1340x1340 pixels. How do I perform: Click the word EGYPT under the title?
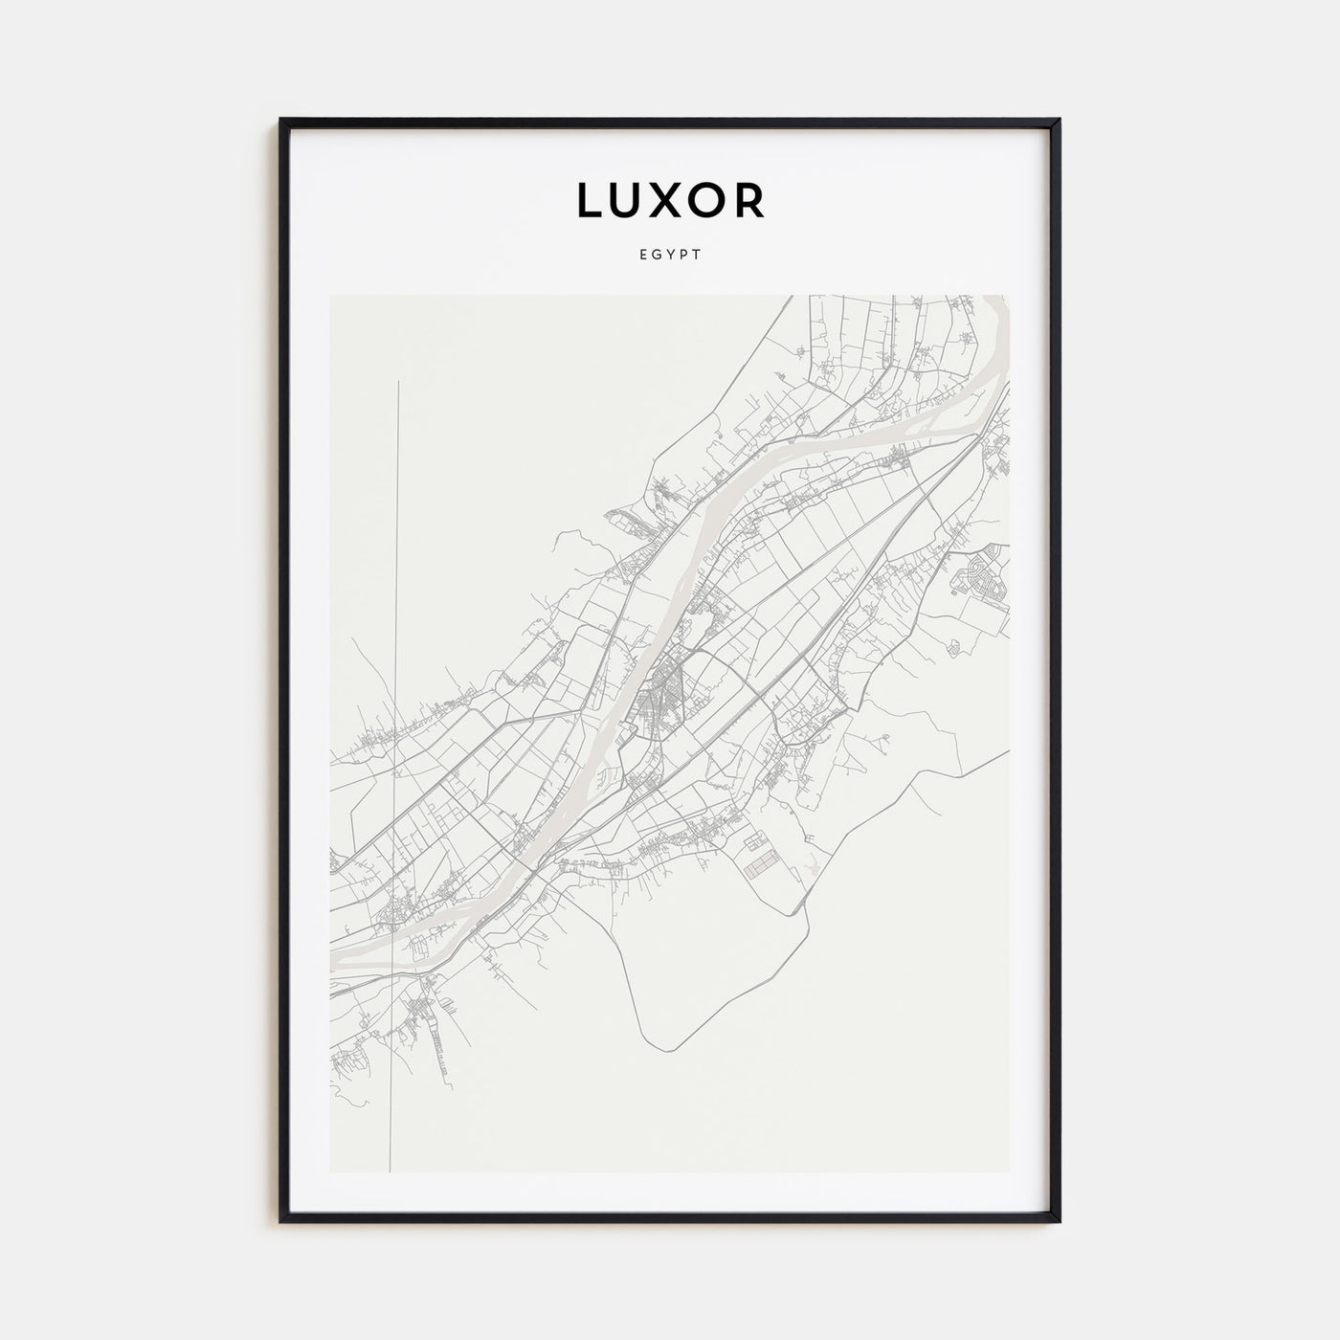(x=670, y=256)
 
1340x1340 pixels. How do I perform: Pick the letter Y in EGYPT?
(x=670, y=256)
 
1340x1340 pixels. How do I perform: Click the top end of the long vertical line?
(x=398, y=381)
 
